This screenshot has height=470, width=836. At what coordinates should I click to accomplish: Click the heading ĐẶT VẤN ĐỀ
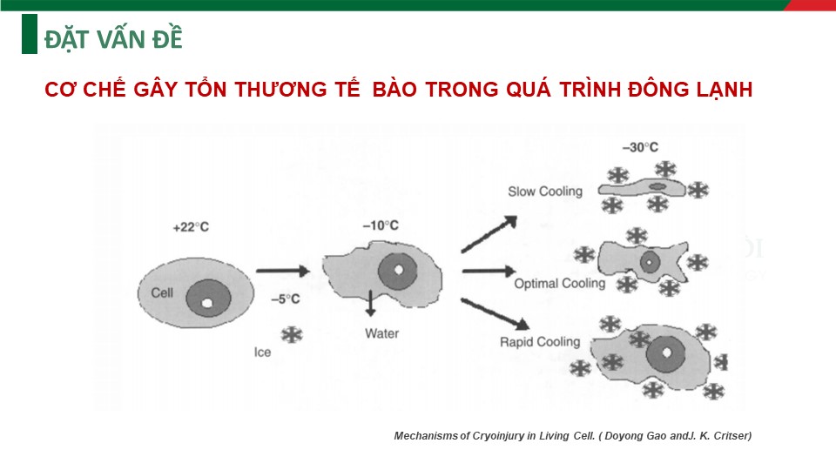113,39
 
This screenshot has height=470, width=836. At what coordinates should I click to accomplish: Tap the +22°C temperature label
191,227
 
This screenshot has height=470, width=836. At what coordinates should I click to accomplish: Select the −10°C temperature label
381,226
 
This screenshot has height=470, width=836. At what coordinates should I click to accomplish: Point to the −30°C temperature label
640,148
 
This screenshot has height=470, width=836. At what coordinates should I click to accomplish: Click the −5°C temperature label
286,299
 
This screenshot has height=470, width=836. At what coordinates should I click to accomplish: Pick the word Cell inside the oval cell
162,293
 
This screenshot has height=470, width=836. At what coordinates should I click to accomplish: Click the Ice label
262,352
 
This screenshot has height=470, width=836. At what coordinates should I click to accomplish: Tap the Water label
381,333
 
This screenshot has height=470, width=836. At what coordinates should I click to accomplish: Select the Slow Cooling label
545,191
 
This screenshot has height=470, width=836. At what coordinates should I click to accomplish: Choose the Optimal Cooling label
559,284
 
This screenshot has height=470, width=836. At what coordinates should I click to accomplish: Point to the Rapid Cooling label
540,342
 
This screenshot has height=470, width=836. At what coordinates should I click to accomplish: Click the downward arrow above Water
370,303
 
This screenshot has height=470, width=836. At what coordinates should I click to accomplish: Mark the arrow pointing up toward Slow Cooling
489,234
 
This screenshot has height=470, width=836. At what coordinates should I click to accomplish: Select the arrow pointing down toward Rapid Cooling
495,314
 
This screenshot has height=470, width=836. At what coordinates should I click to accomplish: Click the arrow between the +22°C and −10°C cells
283,271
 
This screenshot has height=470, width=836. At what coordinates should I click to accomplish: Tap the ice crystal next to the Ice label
292,334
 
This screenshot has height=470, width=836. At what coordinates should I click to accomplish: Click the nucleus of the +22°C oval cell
208,299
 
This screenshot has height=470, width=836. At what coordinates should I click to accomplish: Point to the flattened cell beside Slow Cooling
642,188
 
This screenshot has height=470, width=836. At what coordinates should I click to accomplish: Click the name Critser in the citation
732,436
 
